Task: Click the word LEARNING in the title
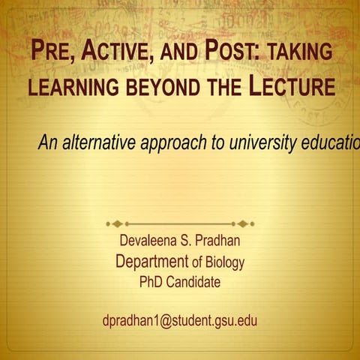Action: pyautogui.click(x=71, y=86)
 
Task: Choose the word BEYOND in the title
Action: pyautogui.click(x=160, y=86)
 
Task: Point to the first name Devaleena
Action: pyautogui.click(x=148, y=242)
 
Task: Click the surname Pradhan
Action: pyautogui.click(x=217, y=242)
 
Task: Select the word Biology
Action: pyautogui.click(x=224, y=263)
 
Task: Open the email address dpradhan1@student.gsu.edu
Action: pyautogui.click(x=180, y=320)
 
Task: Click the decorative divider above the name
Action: pyautogui.click(x=180, y=223)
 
